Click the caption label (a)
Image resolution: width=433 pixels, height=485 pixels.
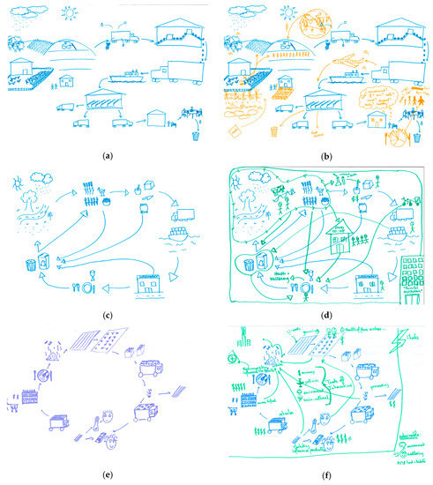(x=108, y=156)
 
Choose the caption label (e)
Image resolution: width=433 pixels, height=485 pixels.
(x=108, y=477)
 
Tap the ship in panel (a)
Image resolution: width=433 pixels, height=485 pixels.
(x=125, y=75)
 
